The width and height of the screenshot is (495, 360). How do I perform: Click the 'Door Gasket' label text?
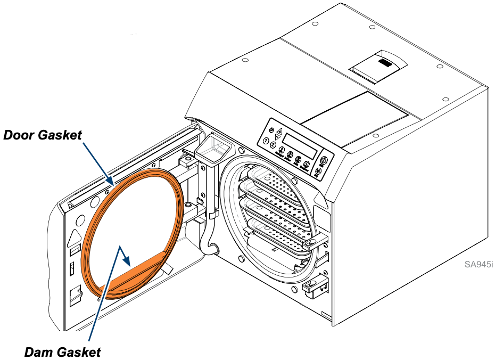coord(43,135)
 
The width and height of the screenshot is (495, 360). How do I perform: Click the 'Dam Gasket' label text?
coord(63,351)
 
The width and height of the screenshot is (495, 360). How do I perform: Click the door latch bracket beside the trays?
coord(311,242)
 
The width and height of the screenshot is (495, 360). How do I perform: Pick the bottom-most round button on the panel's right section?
coord(318,171)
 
